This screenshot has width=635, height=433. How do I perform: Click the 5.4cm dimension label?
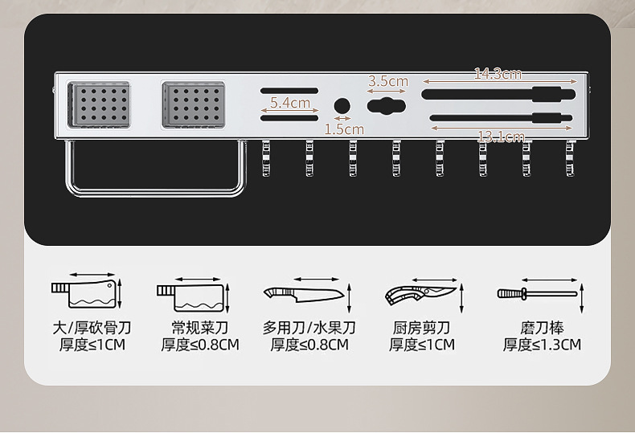coord(290,103)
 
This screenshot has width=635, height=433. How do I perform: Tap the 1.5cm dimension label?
coord(344,129)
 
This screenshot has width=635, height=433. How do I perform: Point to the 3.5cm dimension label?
coord(388,81)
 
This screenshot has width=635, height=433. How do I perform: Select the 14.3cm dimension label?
coord(498,74)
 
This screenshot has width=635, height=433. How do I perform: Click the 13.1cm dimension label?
coord(501,137)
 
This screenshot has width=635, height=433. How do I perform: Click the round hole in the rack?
coord(342,106)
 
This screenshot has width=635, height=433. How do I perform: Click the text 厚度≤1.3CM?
coord(542,345)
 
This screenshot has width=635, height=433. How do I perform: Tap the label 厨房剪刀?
coord(421,328)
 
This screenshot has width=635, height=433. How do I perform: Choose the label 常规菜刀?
coord(200,328)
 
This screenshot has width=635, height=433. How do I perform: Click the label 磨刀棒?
coord(542,328)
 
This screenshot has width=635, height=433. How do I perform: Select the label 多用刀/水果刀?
coord(309,328)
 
